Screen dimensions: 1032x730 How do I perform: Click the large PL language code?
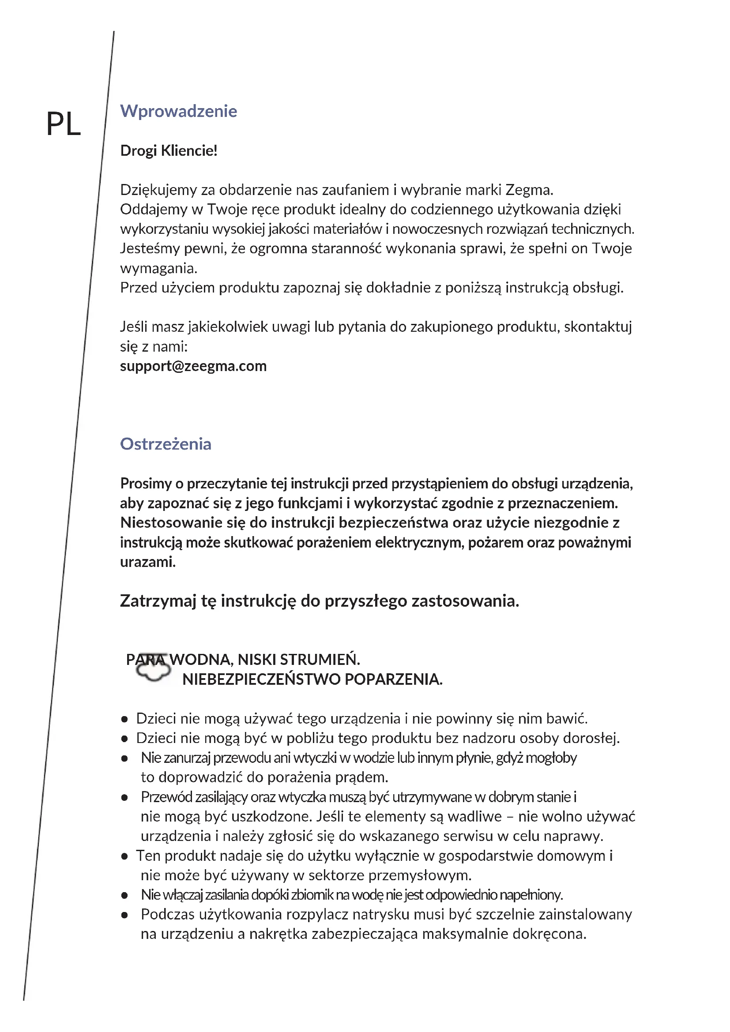coord(64,124)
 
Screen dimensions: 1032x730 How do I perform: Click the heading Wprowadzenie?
coord(178,111)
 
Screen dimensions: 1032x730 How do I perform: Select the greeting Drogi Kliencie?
coord(169,150)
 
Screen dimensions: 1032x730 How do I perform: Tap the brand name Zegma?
coord(528,190)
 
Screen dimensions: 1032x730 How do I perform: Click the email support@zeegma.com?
coord(193,366)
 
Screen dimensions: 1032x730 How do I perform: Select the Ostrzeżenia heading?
coord(166,444)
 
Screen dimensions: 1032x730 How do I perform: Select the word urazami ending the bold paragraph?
coord(147,562)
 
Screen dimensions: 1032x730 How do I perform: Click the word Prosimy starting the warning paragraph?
coord(146,484)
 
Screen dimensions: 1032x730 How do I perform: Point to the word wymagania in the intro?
coord(158,269)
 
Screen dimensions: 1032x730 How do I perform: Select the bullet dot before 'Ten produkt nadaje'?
coord(124,856)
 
